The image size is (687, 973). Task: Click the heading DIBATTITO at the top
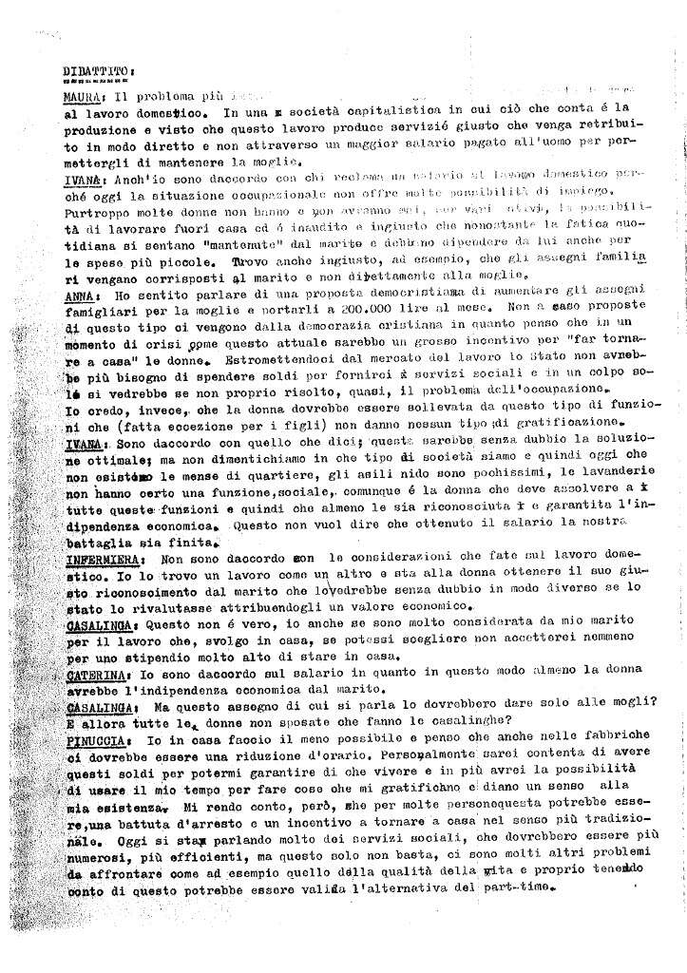(97, 69)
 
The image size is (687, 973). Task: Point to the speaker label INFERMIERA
(102, 560)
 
